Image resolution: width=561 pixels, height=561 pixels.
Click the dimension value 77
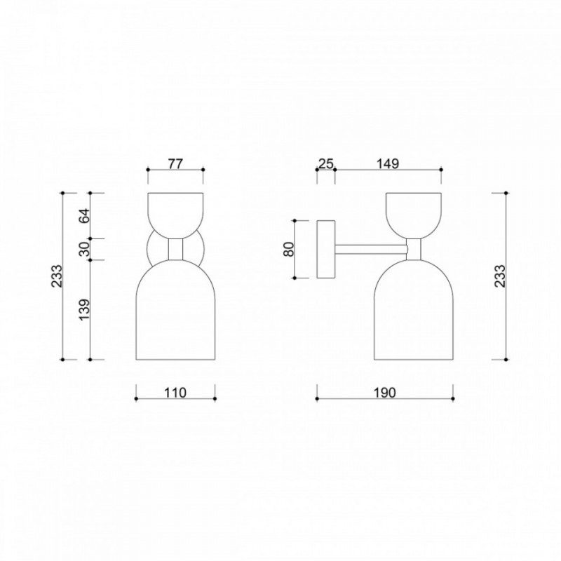tap(175, 164)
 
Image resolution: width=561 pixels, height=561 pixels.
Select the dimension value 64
tap(85, 215)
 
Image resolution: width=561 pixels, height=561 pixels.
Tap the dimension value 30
tap(85, 249)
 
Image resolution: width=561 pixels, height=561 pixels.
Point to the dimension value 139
tap(85, 309)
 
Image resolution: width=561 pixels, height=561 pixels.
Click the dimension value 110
tap(175, 393)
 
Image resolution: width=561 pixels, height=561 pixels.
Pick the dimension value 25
tap(326, 164)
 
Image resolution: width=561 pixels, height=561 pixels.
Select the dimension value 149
tap(388, 164)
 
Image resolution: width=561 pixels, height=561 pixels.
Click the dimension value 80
tap(289, 249)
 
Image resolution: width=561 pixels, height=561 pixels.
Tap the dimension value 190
tap(385, 393)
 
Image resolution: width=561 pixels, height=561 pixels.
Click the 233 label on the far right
tap(500, 276)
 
